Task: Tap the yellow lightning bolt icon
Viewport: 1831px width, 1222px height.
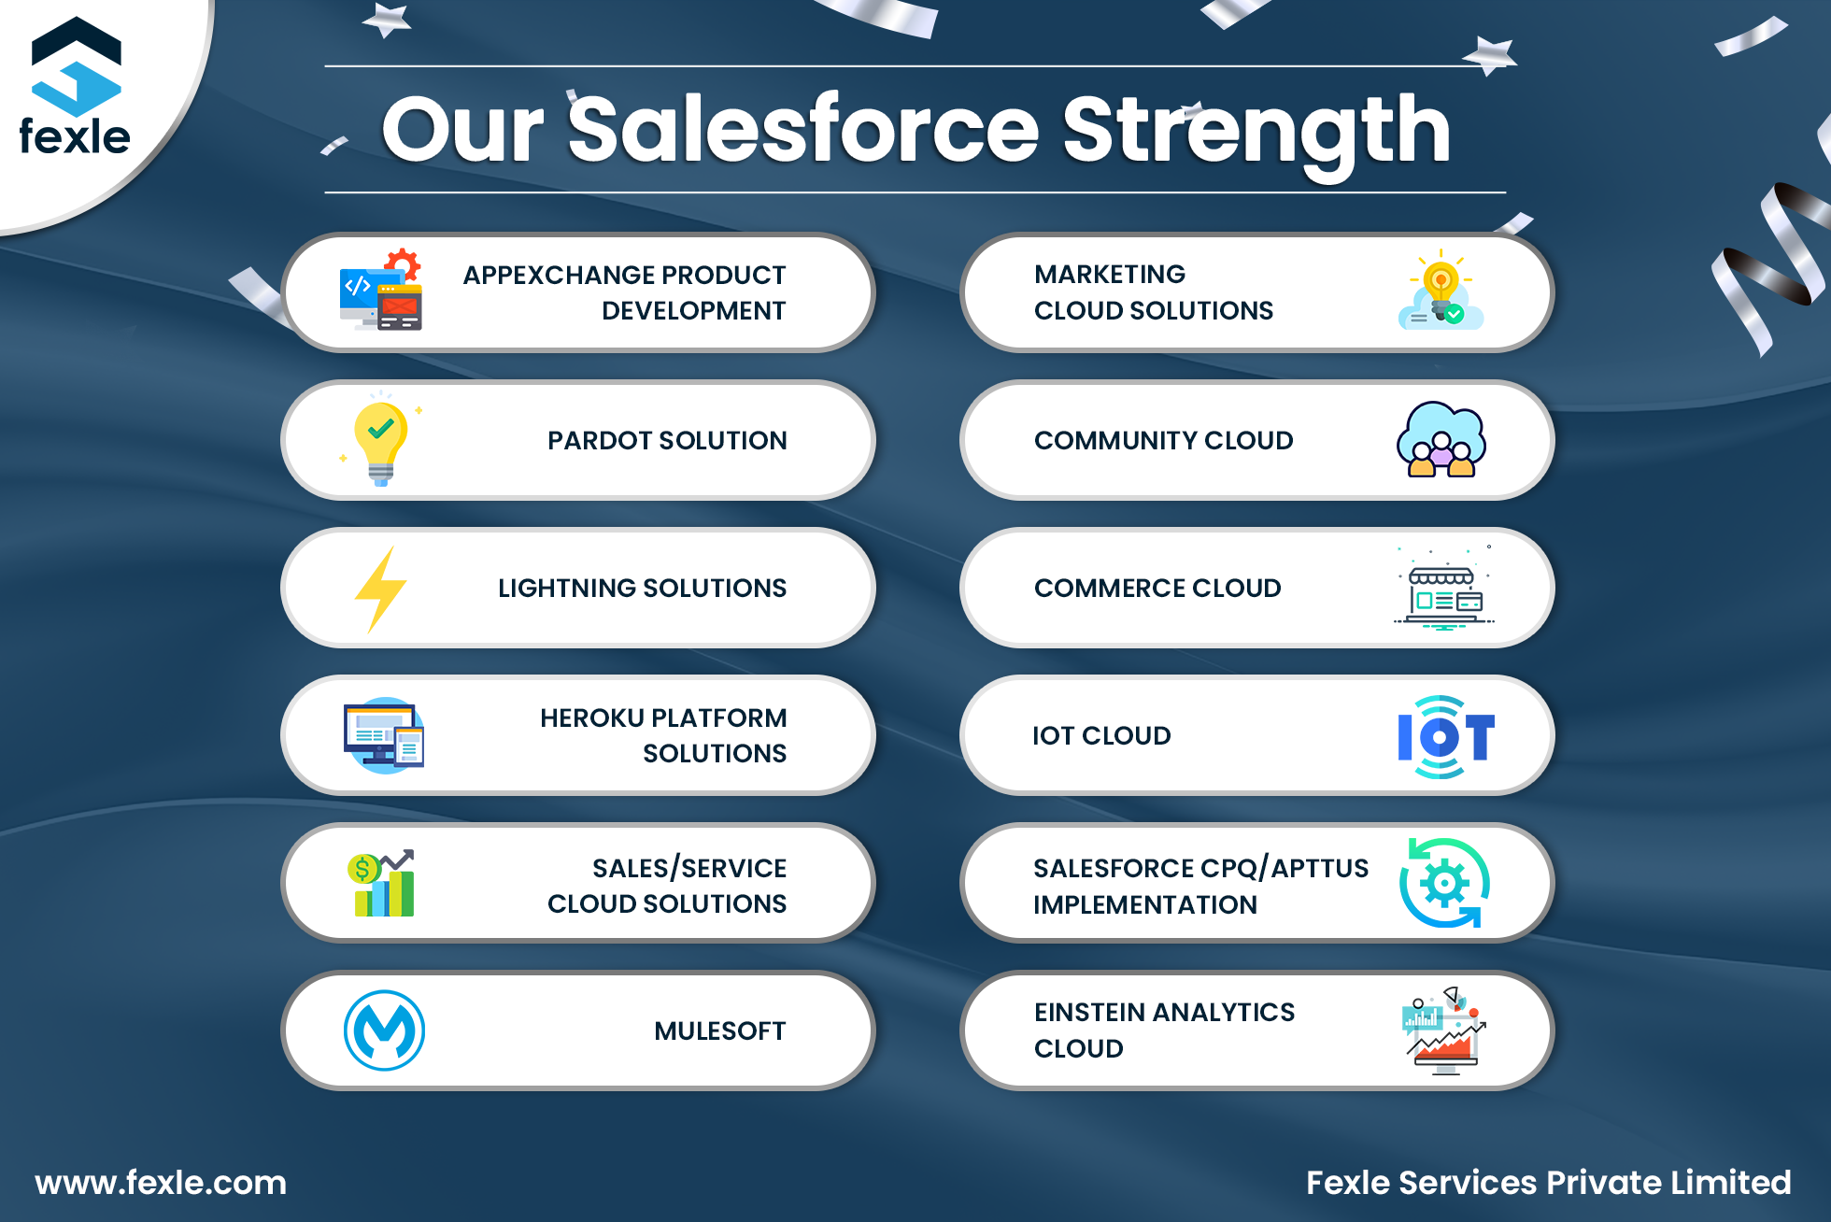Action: click(380, 589)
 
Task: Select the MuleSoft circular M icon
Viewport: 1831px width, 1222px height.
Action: click(384, 1030)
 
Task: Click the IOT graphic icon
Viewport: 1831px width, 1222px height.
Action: click(1444, 736)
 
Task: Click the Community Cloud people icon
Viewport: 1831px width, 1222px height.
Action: click(1441, 440)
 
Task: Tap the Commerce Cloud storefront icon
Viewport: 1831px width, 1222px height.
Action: click(1443, 590)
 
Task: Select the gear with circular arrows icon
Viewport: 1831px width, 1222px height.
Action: click(1444, 883)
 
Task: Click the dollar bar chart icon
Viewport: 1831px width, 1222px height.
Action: click(383, 884)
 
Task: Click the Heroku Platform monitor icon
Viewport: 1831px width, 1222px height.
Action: click(383, 736)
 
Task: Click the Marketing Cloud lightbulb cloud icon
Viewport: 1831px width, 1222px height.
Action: click(1441, 291)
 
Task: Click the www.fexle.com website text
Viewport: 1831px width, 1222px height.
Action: click(161, 1183)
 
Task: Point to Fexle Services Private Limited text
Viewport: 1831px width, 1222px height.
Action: click(1548, 1183)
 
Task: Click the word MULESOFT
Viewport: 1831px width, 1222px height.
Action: click(719, 1031)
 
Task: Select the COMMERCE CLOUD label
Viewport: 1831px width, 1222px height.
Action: click(1157, 589)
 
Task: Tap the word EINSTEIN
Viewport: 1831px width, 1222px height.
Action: click(1088, 1013)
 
